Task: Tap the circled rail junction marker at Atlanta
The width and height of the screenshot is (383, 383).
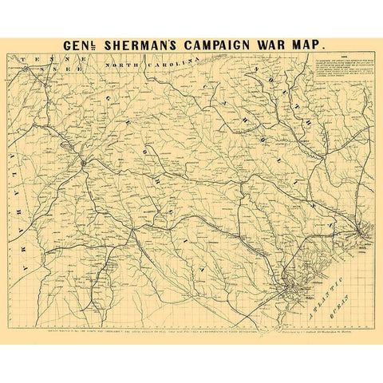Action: coord(84,164)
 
